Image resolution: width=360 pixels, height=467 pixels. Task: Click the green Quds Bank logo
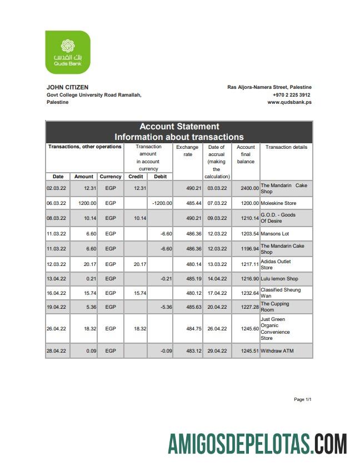click(x=67, y=52)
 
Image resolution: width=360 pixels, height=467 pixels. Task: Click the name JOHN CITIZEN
click(x=67, y=87)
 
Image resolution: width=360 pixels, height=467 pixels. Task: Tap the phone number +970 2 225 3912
click(x=292, y=95)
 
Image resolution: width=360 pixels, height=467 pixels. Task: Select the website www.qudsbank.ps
click(x=289, y=102)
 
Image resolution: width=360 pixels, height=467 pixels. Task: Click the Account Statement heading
click(x=179, y=127)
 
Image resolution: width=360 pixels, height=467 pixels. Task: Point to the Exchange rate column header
click(x=187, y=150)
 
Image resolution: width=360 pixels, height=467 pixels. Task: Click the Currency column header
click(x=111, y=177)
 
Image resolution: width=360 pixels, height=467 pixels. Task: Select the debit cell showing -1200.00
click(x=162, y=203)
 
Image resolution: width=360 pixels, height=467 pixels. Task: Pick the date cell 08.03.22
click(x=56, y=218)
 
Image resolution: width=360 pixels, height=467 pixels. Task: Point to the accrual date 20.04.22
click(x=217, y=307)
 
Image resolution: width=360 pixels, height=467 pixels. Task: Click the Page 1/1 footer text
click(x=302, y=400)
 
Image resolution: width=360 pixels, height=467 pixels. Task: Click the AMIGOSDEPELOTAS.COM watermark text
click(x=257, y=444)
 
